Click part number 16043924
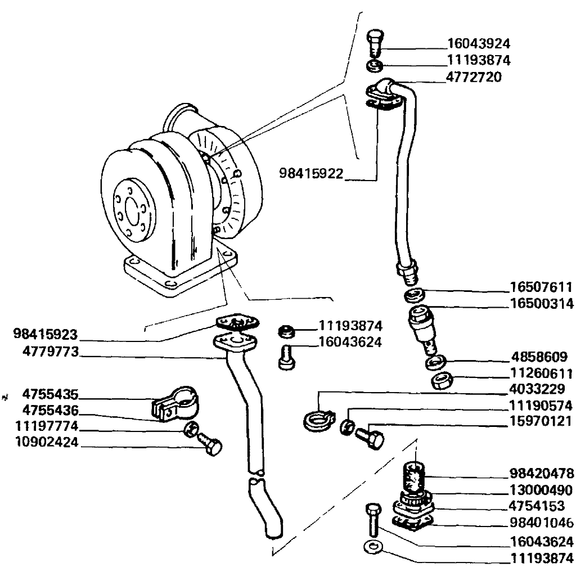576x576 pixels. (x=479, y=43)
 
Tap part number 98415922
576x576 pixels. (x=311, y=173)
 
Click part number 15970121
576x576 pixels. (x=541, y=421)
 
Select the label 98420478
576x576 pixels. (x=541, y=473)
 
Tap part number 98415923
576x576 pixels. (x=46, y=335)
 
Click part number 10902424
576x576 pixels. (x=46, y=443)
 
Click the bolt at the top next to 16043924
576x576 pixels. (x=375, y=42)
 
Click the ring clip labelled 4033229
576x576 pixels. (x=314, y=420)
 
